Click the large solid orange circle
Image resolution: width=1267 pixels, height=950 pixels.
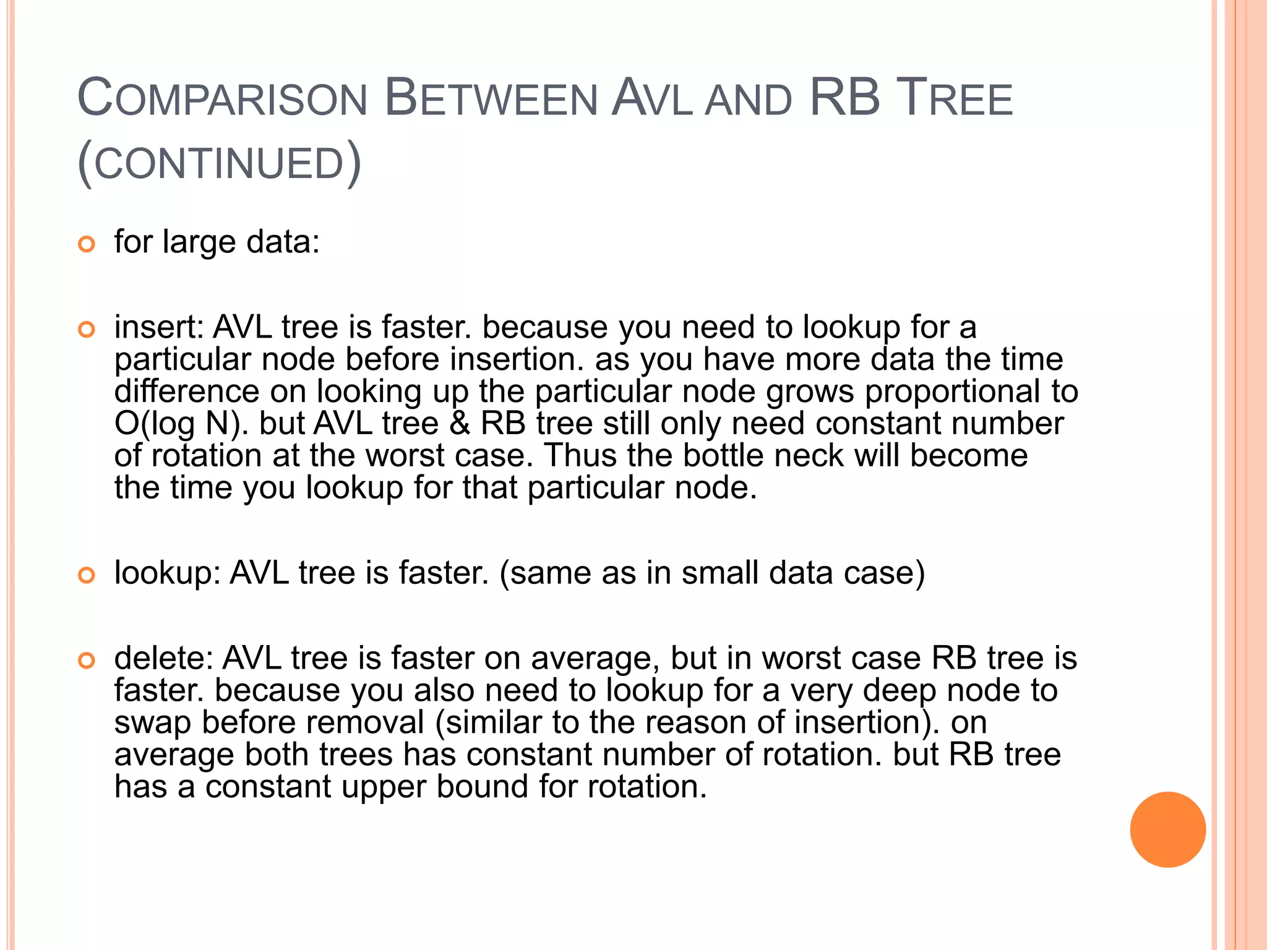tap(1167, 829)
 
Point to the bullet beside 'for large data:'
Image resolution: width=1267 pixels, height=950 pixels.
tap(87, 244)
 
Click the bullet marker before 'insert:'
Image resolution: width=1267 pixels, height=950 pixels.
tap(87, 330)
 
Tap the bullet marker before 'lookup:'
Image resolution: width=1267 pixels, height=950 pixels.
tap(87, 575)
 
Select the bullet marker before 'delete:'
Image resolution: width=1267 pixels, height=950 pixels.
tap(87, 661)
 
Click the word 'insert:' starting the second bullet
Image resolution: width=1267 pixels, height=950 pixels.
tap(158, 327)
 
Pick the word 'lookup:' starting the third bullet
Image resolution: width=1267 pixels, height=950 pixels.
tap(167, 573)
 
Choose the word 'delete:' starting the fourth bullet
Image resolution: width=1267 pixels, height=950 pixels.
tap(163, 658)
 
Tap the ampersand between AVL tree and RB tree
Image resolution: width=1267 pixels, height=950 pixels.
tap(459, 424)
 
